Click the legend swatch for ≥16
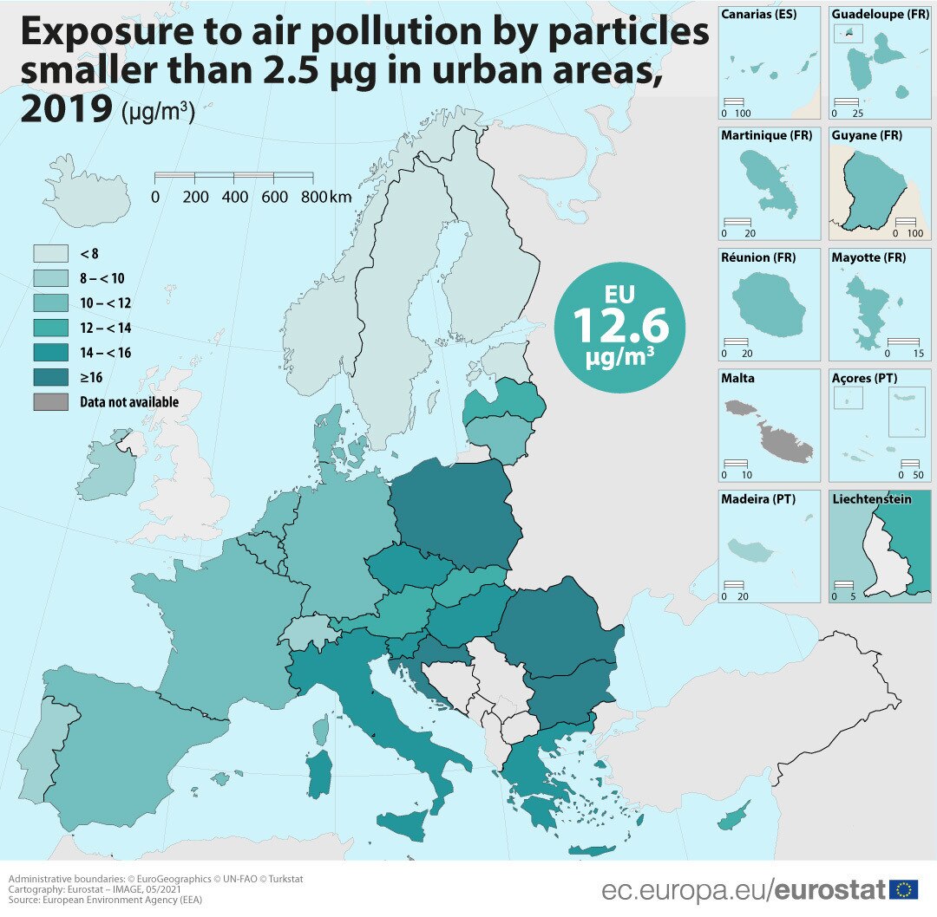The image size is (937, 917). pyautogui.click(x=50, y=377)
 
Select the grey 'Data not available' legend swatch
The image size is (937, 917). pyautogui.click(x=50, y=402)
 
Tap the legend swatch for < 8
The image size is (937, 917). pyautogui.click(x=50, y=253)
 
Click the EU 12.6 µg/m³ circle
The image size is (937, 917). pyautogui.click(x=619, y=328)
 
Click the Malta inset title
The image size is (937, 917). pyautogui.click(x=737, y=378)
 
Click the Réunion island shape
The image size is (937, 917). pyautogui.click(x=763, y=304)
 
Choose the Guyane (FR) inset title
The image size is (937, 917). pyautogui.click(x=866, y=136)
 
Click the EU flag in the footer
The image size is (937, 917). pyautogui.click(x=905, y=889)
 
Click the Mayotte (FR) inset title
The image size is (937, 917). pyautogui.click(x=868, y=257)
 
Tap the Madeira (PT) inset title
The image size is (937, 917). pyautogui.click(x=757, y=499)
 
